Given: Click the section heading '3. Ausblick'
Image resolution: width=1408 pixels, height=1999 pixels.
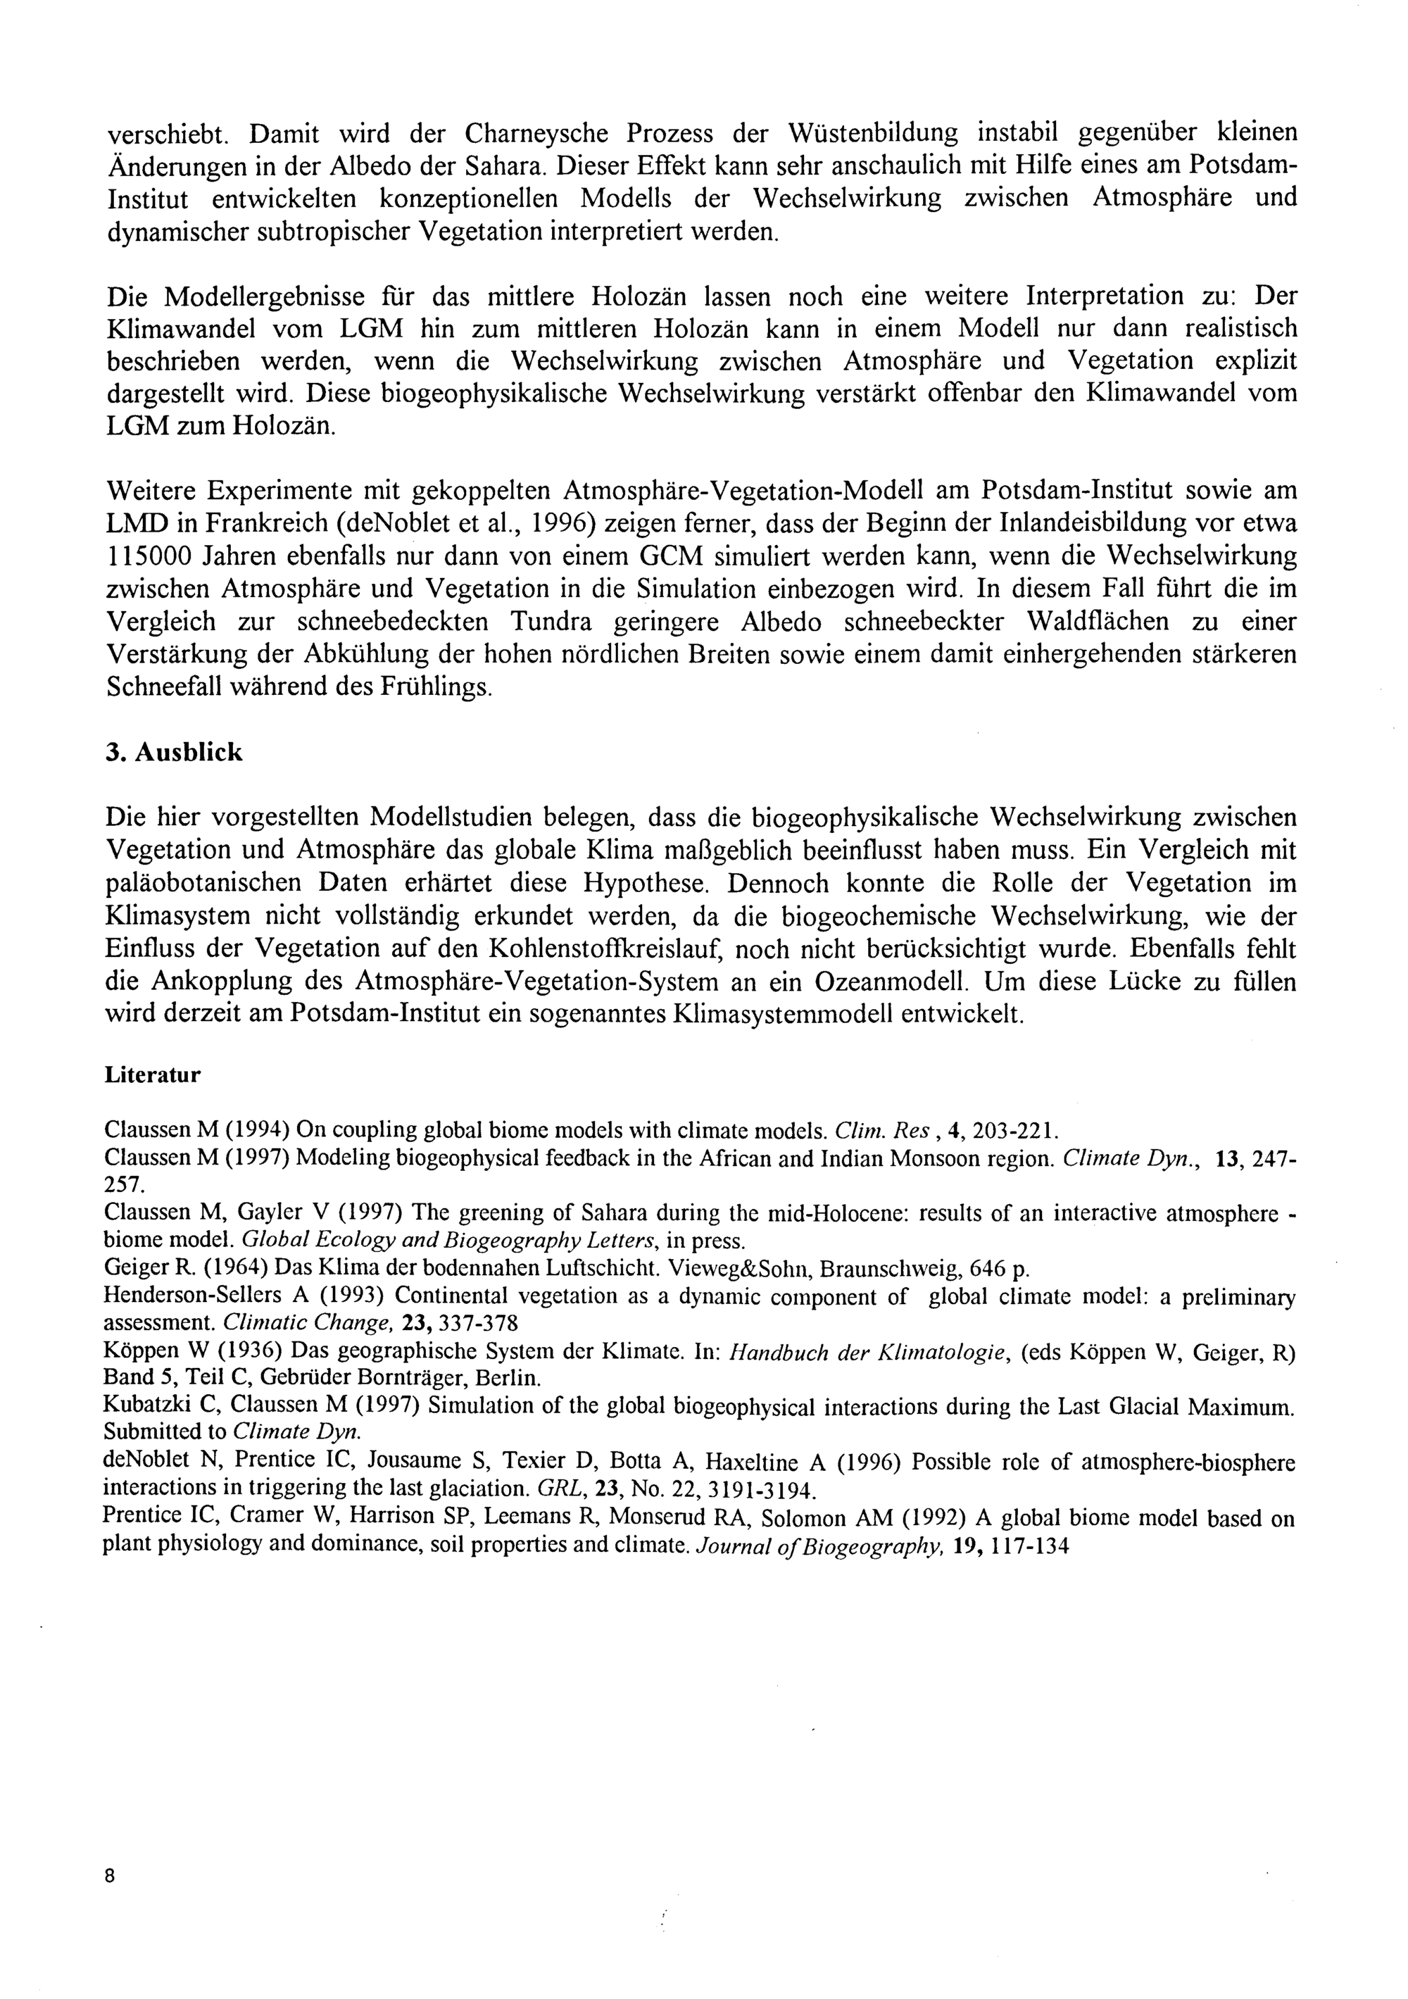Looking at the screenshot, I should click(173, 752).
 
